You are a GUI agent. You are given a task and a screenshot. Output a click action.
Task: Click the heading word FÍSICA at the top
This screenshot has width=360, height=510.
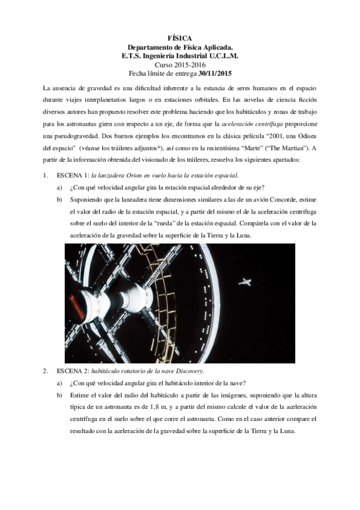pos(180,37)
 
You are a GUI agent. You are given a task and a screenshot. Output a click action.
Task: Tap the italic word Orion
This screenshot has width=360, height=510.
pos(136,175)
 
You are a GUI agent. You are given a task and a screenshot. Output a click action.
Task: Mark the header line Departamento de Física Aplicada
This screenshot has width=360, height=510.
pos(180,46)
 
